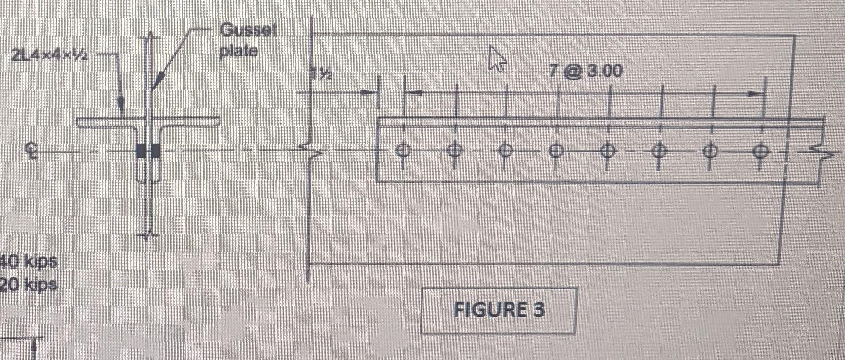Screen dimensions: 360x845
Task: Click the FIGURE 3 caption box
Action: [x=498, y=310]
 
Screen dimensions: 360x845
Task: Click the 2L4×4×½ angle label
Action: [x=49, y=55]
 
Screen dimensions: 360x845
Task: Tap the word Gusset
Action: [x=248, y=30]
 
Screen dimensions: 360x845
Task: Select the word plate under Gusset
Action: [x=239, y=51]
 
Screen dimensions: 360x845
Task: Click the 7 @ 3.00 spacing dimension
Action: [x=585, y=72]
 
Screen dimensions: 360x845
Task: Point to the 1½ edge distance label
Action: [x=322, y=74]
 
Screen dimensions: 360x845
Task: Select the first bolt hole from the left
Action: [x=402, y=150]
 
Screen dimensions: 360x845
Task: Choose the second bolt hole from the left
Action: [x=454, y=150]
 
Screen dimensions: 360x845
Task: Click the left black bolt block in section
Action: [x=141, y=151]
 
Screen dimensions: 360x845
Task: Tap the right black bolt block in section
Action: [x=156, y=151]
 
